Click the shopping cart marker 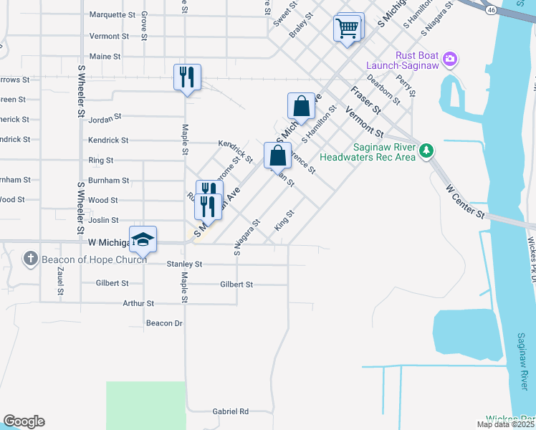tap(347, 29)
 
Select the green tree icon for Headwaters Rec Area tap(427, 150)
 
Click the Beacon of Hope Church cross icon tap(30, 258)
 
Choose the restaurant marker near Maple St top tap(186, 76)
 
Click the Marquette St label tap(112, 14)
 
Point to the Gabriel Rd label tap(230, 411)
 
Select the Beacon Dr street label tap(164, 323)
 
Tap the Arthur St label tap(138, 304)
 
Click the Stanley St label tap(184, 264)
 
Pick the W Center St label tap(466, 203)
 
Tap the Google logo tap(24, 421)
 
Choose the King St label tap(284, 220)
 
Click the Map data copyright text tap(506, 424)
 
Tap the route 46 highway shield tap(491, 10)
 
